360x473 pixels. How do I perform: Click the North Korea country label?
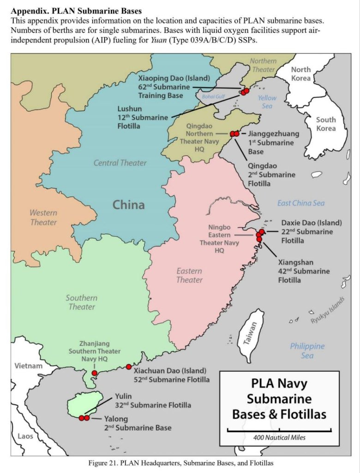[x=300, y=73]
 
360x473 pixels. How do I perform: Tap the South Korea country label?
[x=326, y=123]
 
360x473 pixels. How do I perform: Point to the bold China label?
[x=129, y=204]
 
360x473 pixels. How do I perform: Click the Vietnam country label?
[x=29, y=366]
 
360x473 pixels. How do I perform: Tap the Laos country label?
[x=25, y=436]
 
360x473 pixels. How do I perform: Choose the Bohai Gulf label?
[x=213, y=97]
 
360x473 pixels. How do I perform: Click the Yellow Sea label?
[x=267, y=102]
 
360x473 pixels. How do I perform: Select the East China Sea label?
[x=300, y=203]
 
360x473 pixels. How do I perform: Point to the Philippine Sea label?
[x=307, y=351]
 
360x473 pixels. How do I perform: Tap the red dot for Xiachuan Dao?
[x=129, y=367]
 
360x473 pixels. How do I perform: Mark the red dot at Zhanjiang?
[x=94, y=373]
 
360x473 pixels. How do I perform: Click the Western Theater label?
[x=43, y=218]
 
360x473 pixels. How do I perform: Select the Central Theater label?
[x=120, y=163]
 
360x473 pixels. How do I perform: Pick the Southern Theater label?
[x=82, y=302]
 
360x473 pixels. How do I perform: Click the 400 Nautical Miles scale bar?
[x=279, y=431]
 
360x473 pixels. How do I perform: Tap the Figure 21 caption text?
[x=184, y=462]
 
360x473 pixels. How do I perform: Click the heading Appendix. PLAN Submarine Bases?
[x=76, y=10]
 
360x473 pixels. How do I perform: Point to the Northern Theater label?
[x=263, y=65]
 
